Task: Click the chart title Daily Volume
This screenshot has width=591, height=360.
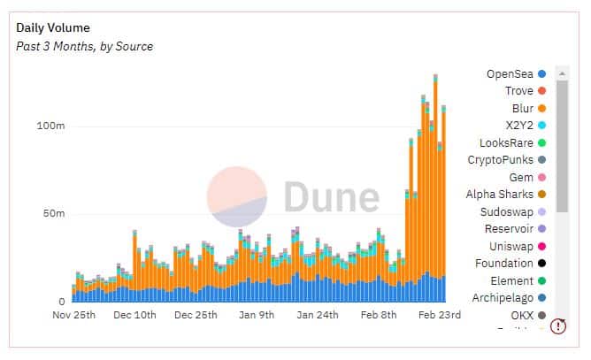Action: [x=53, y=27]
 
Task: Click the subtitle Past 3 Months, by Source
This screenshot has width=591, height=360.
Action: [x=85, y=46]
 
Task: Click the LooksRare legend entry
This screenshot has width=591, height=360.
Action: [x=510, y=142]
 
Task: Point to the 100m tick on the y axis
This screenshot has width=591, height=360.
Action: [x=50, y=126]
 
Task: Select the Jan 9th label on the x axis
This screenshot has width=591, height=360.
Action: [x=257, y=315]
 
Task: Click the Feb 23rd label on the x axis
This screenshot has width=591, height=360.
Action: [x=439, y=315]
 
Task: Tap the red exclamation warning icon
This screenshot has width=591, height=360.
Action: [x=558, y=326]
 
